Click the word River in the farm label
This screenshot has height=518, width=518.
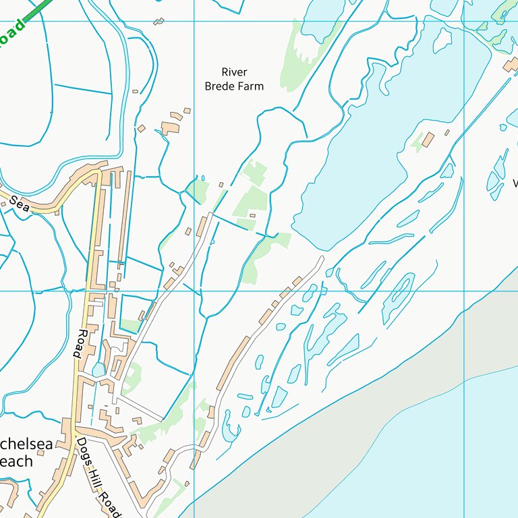pos(235,72)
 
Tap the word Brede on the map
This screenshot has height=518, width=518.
pos(219,86)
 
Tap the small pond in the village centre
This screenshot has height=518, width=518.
pos(99,370)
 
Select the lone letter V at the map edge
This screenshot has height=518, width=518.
pos(515,183)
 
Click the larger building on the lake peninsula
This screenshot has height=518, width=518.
pos(428,140)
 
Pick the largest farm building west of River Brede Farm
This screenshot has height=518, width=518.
pos(169,127)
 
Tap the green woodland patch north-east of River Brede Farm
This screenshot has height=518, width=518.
pos(299,54)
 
